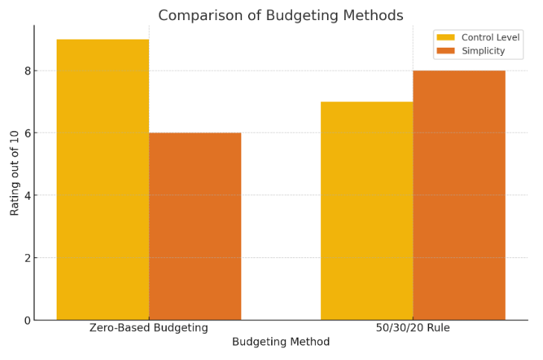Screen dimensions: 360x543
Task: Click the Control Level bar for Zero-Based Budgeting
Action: pyautogui.click(x=103, y=180)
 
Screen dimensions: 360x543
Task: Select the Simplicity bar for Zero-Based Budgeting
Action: pyautogui.click(x=195, y=227)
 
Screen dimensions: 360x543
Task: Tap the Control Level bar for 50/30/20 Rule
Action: pyautogui.click(x=366, y=211)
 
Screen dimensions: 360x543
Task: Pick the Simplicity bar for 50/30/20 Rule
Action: pyautogui.click(x=459, y=195)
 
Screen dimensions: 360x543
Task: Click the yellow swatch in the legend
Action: pyautogui.click(x=445, y=37)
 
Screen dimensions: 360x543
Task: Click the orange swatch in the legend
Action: pyautogui.click(x=445, y=51)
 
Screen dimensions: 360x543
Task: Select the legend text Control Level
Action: pyautogui.click(x=490, y=37)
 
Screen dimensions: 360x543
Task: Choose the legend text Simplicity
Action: pyautogui.click(x=483, y=51)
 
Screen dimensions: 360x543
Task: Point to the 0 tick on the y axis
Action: pyautogui.click(x=27, y=320)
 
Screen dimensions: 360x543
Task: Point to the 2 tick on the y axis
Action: pyautogui.click(x=27, y=258)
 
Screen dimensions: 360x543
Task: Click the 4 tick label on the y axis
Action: pyautogui.click(x=27, y=195)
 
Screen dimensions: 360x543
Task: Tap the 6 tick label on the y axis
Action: pyautogui.click(x=27, y=133)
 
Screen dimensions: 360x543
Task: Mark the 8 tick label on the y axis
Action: pyautogui.click(x=27, y=71)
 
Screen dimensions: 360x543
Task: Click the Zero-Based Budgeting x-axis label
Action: pyautogui.click(x=148, y=328)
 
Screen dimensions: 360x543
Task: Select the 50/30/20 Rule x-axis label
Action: pyautogui.click(x=413, y=328)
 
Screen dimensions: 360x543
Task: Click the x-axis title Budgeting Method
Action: pyautogui.click(x=281, y=342)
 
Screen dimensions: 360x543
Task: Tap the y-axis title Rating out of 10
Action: pyautogui.click(x=15, y=172)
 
